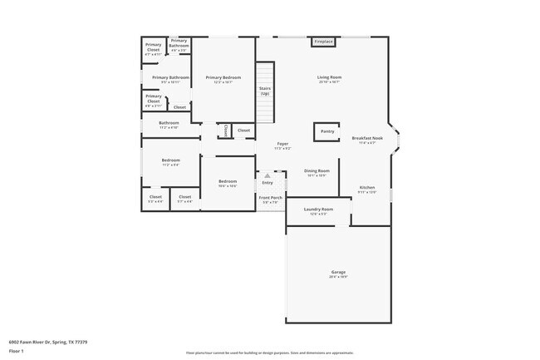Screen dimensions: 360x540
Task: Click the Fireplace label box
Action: click(x=324, y=42)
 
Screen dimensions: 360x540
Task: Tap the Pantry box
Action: click(x=327, y=131)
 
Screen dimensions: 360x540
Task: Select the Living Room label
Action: click(x=330, y=79)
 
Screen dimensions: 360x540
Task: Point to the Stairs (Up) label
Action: click(x=265, y=90)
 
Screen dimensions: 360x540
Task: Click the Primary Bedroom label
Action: click(x=223, y=79)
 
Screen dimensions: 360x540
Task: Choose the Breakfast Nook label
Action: click(x=367, y=139)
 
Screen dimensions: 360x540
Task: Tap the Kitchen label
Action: click(x=367, y=189)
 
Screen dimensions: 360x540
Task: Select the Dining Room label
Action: click(x=317, y=172)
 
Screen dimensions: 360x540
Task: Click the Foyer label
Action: click(x=282, y=145)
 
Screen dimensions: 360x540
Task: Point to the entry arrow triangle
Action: click(x=268, y=175)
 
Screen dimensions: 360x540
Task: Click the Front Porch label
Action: click(x=271, y=199)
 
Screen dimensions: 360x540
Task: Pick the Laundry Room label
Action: click(x=318, y=210)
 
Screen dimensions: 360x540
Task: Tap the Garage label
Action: click(x=338, y=274)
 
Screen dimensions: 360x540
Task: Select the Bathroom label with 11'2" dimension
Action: click(x=169, y=125)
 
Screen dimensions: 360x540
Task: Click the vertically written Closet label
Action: click(x=224, y=131)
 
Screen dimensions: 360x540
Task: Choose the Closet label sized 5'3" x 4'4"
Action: click(x=155, y=199)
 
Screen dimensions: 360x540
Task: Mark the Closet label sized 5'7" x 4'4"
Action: click(x=184, y=199)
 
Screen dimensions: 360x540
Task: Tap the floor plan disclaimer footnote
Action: click(x=270, y=353)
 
